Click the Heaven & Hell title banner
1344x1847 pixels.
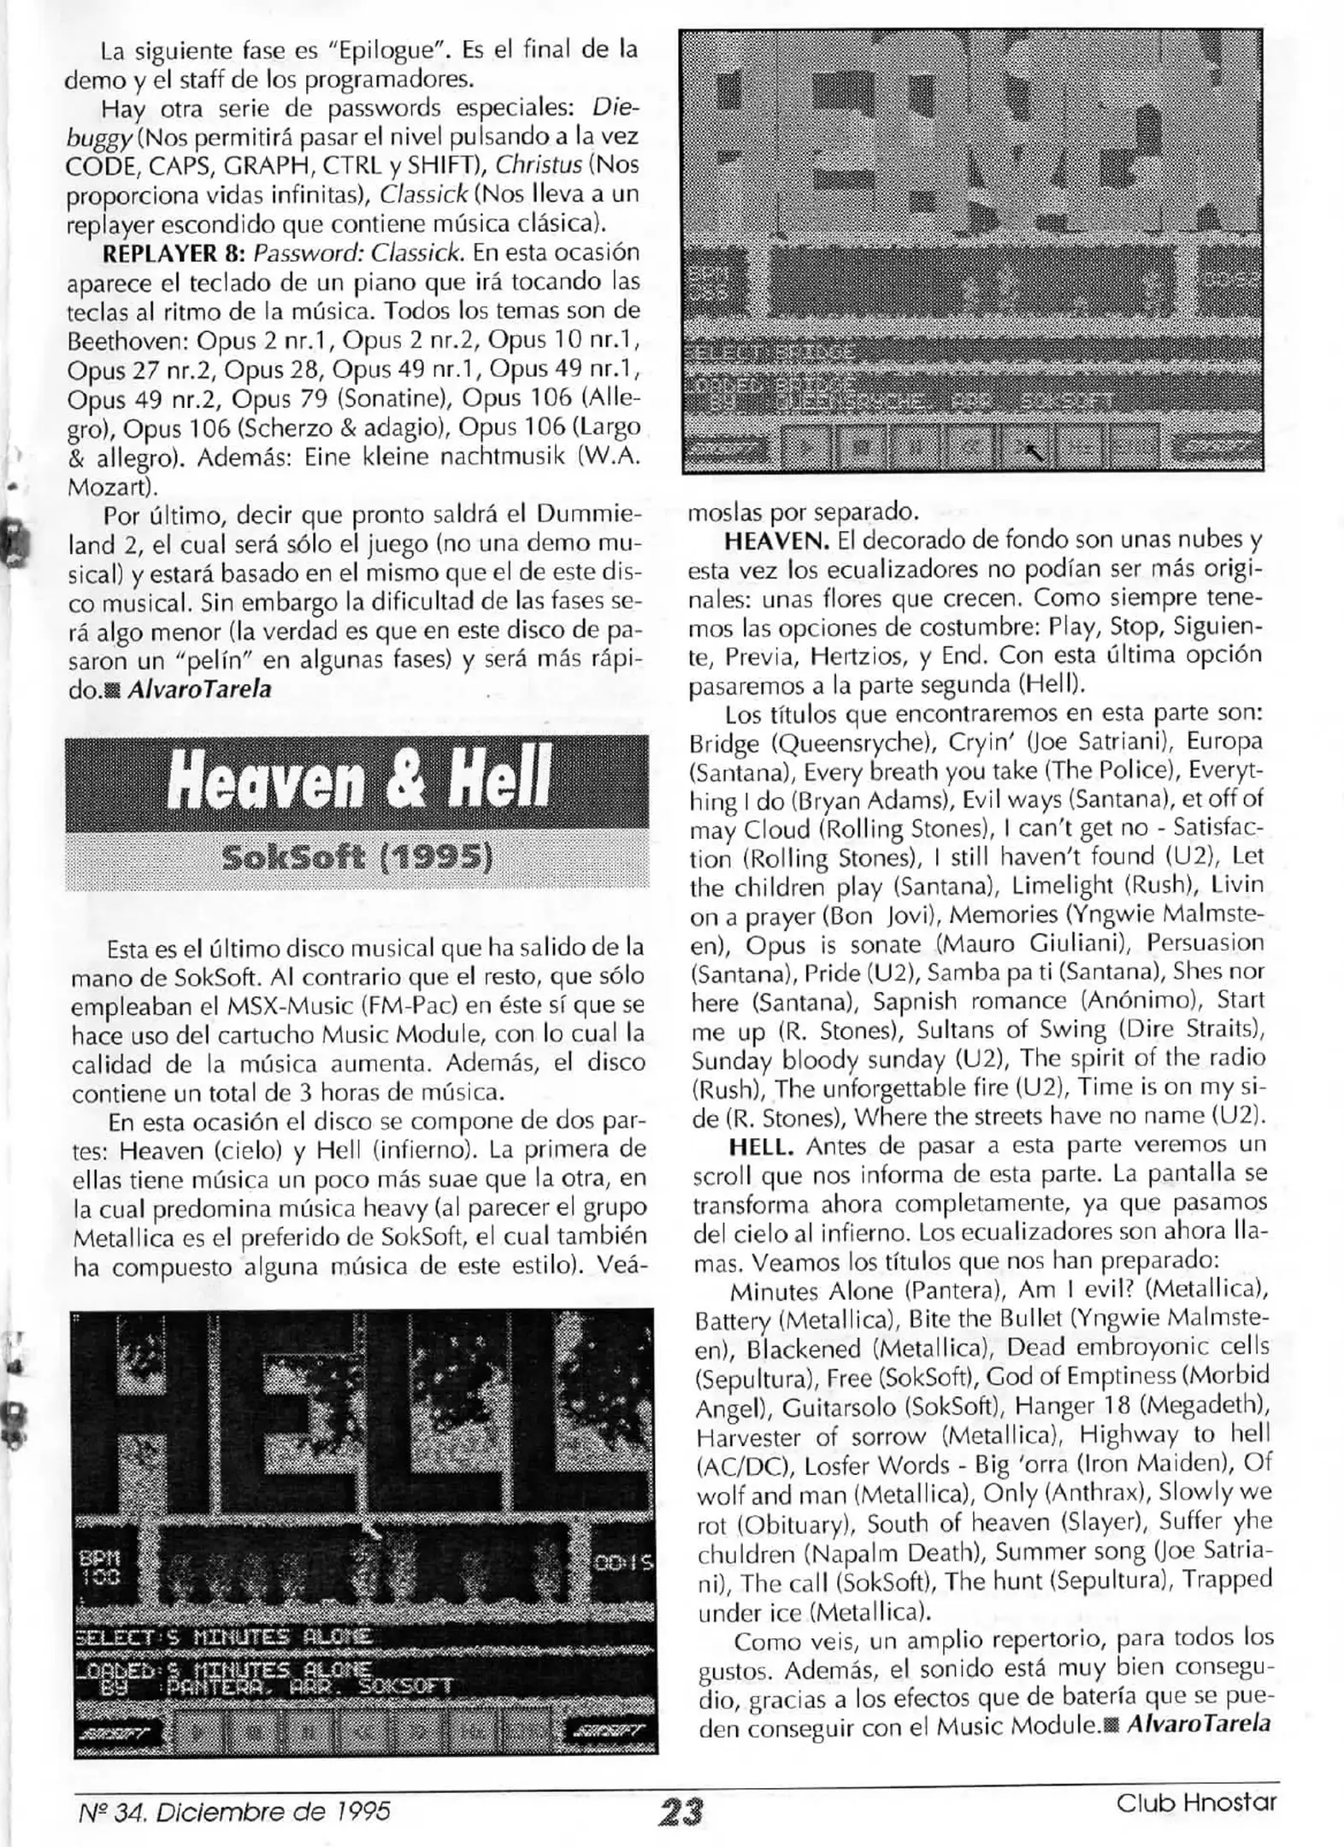click(357, 782)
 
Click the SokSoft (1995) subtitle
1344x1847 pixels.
click(357, 858)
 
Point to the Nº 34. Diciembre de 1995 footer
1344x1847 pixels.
click(232, 1805)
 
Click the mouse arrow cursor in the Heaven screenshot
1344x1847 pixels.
click(1034, 450)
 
